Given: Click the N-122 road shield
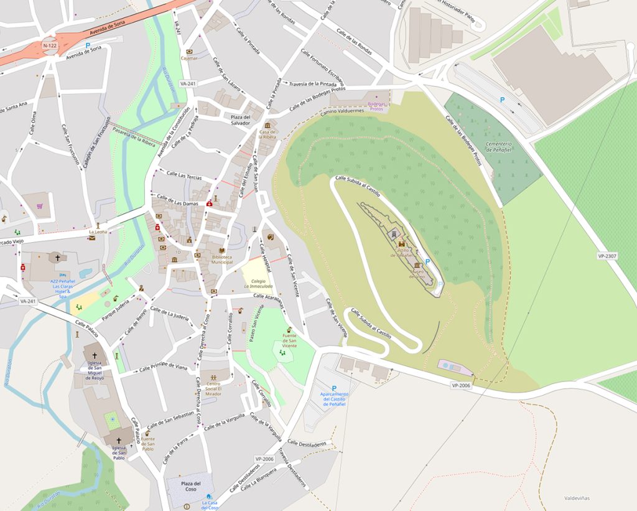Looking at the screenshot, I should coord(50,46).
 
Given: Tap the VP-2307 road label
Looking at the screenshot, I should coord(607,256).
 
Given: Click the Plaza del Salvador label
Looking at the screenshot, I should coord(240,120).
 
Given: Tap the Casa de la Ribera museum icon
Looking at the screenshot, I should coord(267,125).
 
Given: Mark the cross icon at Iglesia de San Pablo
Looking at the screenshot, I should coord(119,440).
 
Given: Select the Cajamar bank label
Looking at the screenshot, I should coord(189,58).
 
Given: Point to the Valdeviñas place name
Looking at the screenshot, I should coord(577,498).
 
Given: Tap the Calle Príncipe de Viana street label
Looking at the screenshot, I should coord(163,367).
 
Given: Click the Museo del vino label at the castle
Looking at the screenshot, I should coord(417,274).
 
